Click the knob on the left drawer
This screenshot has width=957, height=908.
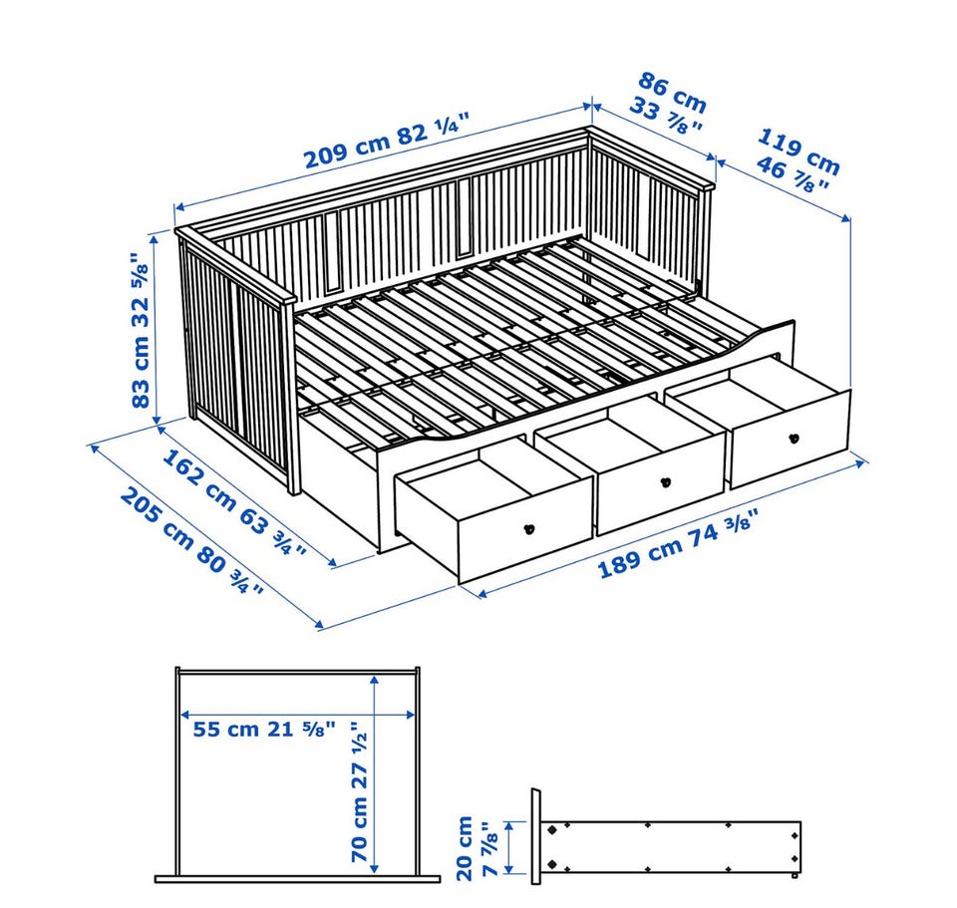(529, 529)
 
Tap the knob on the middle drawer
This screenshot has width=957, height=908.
(666, 482)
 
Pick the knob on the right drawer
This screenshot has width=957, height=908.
(795, 438)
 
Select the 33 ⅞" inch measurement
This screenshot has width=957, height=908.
(665, 116)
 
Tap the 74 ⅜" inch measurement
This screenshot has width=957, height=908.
(725, 531)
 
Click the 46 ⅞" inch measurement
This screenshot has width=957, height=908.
(793, 173)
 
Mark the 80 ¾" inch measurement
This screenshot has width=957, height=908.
(230, 569)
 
